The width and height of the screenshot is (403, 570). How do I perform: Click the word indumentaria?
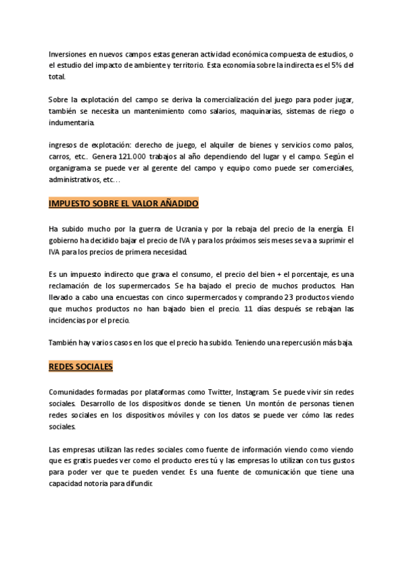(x=71, y=122)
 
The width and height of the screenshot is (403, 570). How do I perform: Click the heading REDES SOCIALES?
(x=81, y=367)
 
